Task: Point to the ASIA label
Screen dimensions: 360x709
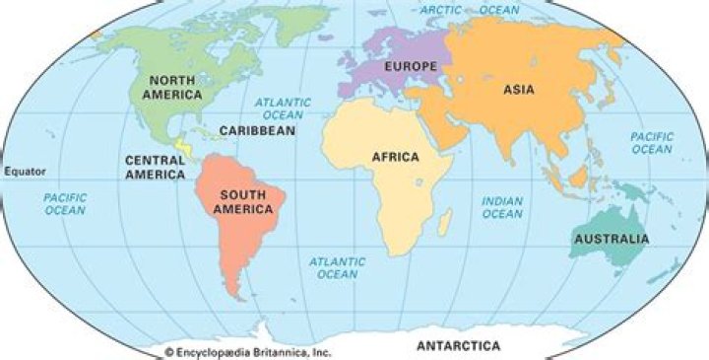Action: point(519,90)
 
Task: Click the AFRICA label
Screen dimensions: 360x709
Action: point(395,157)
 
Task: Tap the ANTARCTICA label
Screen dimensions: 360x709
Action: point(458,346)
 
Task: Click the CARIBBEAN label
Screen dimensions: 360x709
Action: point(257,130)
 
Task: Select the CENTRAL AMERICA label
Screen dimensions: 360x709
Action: point(155,167)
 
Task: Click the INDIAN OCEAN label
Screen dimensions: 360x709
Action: point(501,207)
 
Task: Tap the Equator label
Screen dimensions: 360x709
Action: point(25,171)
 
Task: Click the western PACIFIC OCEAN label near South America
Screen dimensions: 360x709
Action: point(65,203)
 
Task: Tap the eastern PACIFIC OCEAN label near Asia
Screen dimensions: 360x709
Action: point(652,142)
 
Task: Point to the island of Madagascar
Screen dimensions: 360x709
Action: point(446,220)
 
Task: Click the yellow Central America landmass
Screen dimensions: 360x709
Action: point(181,150)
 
